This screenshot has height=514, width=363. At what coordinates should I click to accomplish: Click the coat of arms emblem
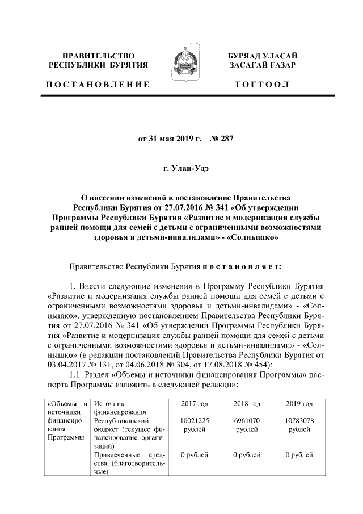(181, 68)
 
